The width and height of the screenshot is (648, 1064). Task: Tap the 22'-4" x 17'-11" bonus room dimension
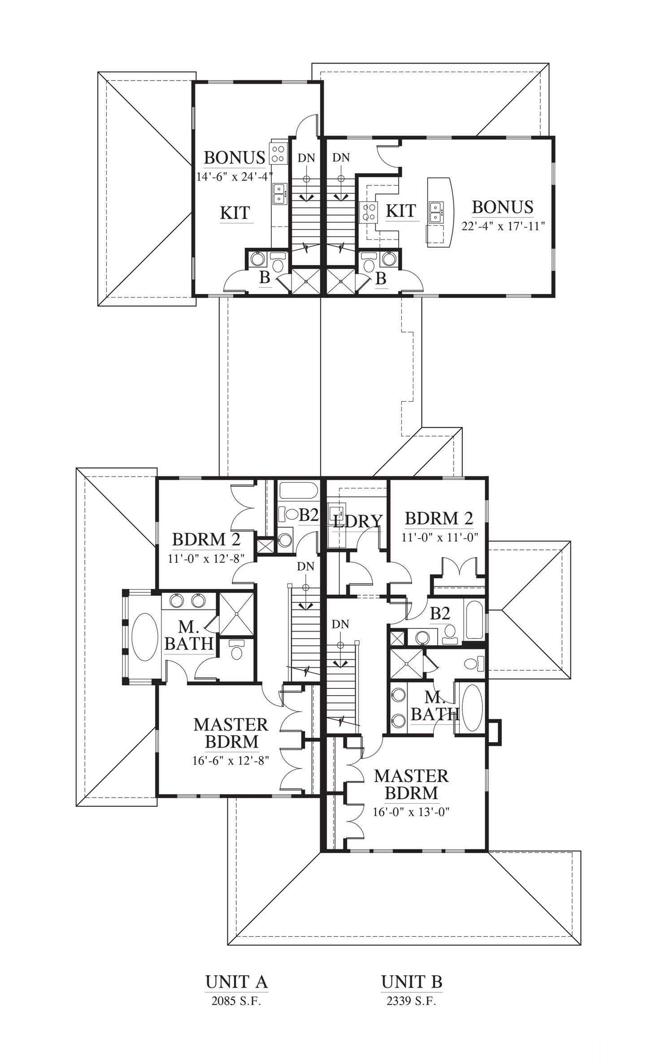[x=503, y=226]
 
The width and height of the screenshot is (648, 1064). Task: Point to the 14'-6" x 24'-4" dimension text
[x=235, y=177]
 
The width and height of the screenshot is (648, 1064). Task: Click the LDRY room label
[x=358, y=521]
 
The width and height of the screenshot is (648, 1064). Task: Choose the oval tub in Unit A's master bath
[x=145, y=637]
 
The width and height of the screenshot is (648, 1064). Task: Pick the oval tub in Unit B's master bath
[x=472, y=708]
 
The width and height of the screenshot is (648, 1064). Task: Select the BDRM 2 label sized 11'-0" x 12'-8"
[x=206, y=539]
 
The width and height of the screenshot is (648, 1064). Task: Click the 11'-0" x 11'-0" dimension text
[x=440, y=537]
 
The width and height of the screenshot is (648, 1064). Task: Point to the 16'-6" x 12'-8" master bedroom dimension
[x=231, y=761]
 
